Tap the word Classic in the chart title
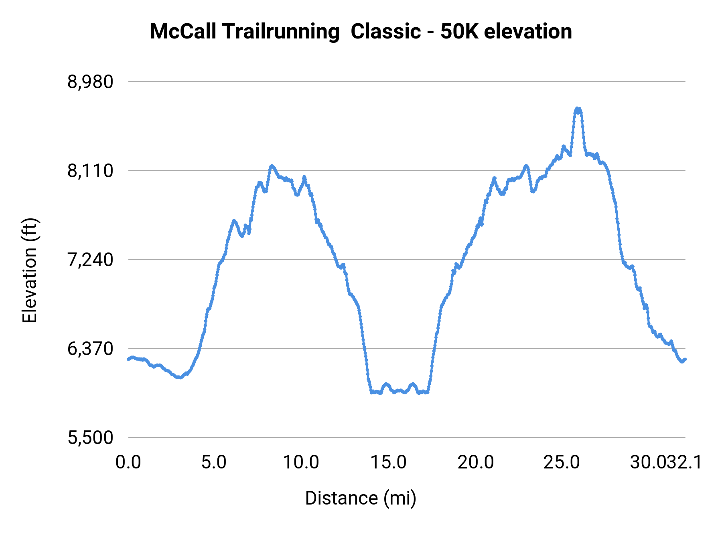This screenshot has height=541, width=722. (385, 32)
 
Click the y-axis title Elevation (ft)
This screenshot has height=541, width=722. (30, 270)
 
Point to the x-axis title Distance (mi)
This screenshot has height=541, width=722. (361, 498)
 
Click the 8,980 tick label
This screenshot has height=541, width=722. (90, 82)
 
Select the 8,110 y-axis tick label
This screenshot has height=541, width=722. (90, 171)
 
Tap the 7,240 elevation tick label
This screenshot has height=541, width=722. (90, 260)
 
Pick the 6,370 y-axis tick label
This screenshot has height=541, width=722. (90, 349)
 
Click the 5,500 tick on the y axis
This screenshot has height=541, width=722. (90, 438)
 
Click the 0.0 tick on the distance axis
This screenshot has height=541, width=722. (128, 462)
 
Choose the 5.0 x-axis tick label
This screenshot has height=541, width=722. (214, 462)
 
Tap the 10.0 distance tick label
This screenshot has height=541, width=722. (301, 462)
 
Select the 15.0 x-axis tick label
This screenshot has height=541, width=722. (388, 462)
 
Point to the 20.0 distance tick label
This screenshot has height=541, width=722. (476, 462)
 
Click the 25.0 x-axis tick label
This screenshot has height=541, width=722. (562, 462)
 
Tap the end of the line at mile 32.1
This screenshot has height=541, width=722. (685, 359)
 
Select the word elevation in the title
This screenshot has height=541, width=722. (528, 32)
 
